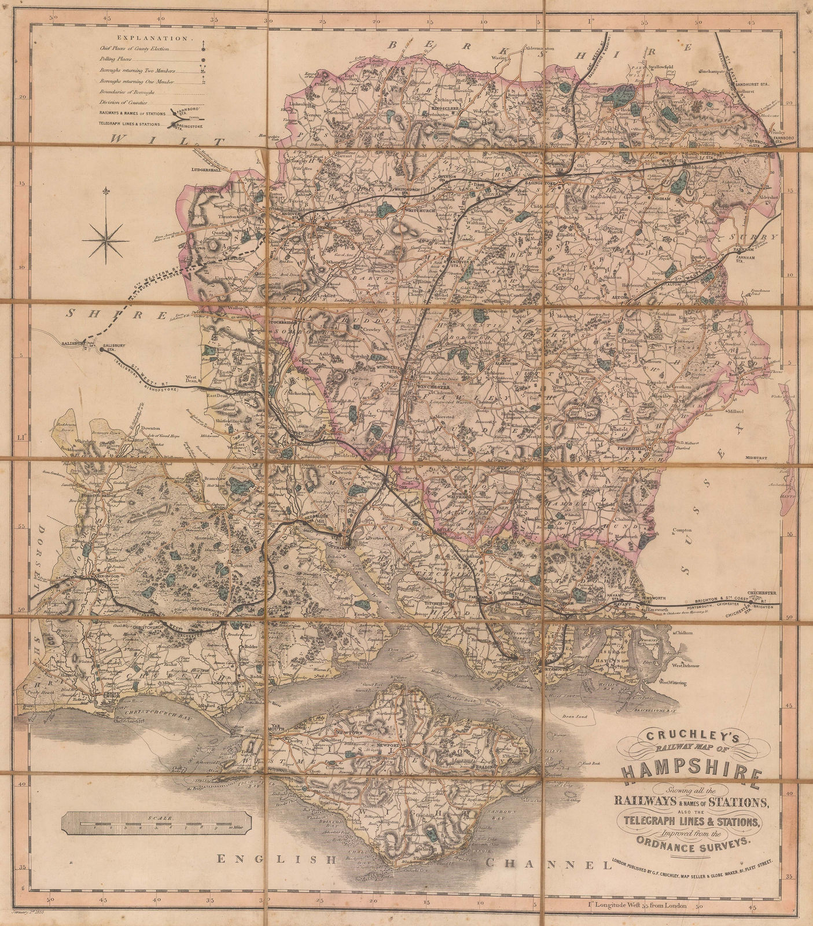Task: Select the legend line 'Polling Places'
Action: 116,59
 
